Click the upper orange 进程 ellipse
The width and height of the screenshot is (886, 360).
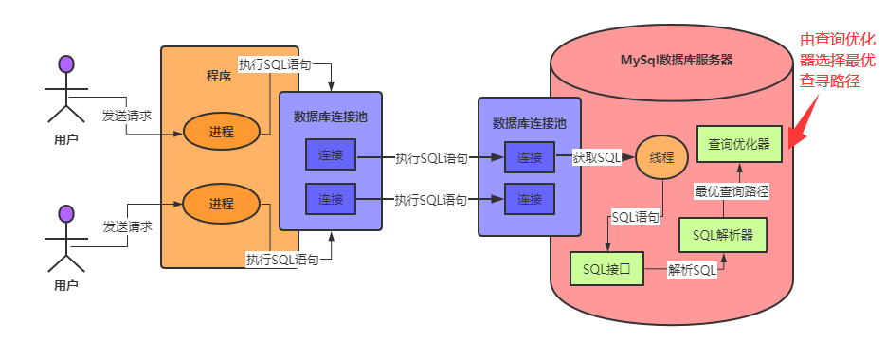click(221, 131)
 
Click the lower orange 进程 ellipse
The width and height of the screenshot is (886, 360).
click(221, 204)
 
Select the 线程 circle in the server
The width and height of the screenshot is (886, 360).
click(660, 158)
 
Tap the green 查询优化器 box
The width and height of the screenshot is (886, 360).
click(738, 145)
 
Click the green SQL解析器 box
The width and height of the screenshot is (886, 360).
click(722, 235)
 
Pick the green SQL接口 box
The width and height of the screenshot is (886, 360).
click(606, 269)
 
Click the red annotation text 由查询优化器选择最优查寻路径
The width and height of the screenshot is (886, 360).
click(837, 61)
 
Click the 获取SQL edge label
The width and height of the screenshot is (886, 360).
click(596, 158)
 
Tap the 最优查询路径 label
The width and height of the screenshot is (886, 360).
click(731, 190)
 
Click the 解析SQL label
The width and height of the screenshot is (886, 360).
click(692, 270)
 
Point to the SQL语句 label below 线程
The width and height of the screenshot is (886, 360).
click(636, 217)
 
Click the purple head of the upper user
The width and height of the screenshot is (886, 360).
click(65, 64)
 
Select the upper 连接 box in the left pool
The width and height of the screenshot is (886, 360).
click(330, 155)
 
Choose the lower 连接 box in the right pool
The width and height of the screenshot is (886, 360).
click(529, 199)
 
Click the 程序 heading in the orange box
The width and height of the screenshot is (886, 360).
click(219, 76)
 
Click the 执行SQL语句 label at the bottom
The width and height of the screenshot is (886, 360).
click(281, 260)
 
